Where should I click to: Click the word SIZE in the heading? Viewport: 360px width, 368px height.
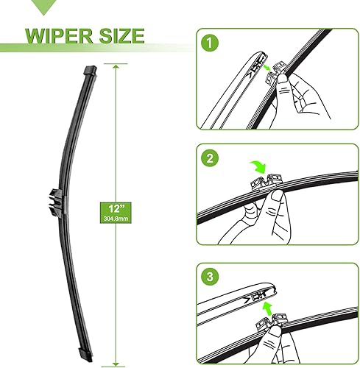[119, 35]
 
